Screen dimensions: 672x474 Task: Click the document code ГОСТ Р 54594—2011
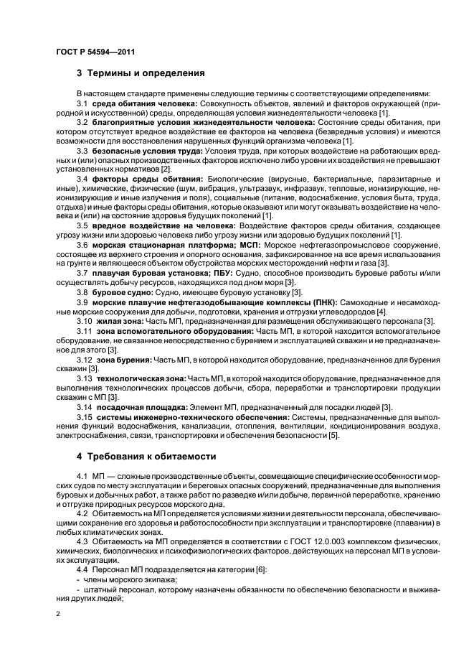[x=95, y=52]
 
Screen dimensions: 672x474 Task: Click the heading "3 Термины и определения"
[x=141, y=73]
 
